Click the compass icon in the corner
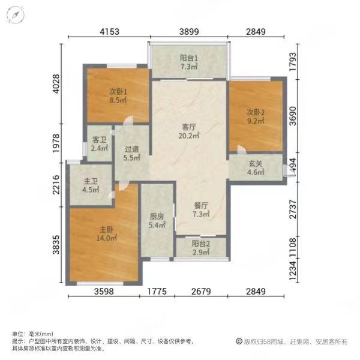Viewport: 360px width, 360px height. (16, 14)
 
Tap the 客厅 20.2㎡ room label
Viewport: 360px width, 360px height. (189, 131)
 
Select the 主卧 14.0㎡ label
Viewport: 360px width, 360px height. (106, 234)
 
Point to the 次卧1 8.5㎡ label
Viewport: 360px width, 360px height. (118, 96)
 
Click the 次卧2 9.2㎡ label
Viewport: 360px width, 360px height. (256, 116)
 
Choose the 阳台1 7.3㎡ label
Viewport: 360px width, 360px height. (189, 62)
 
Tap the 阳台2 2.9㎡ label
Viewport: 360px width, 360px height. (201, 248)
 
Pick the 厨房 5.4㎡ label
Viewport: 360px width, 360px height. (157, 221)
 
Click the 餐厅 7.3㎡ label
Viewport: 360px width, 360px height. (201, 209)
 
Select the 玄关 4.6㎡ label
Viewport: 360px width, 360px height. (256, 167)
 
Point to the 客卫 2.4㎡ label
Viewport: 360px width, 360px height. (100, 144)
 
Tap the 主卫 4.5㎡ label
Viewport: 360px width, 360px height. (91, 185)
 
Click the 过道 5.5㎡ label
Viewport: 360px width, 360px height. (132, 154)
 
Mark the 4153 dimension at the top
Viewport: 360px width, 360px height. (110, 31)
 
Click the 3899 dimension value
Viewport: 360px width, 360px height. (189, 31)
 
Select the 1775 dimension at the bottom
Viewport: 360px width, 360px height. (157, 292)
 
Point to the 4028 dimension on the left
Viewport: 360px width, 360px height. (56, 83)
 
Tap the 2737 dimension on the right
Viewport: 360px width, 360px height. (293, 209)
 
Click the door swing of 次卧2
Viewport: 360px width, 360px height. (242, 149)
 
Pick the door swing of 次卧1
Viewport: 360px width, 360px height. (128, 120)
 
